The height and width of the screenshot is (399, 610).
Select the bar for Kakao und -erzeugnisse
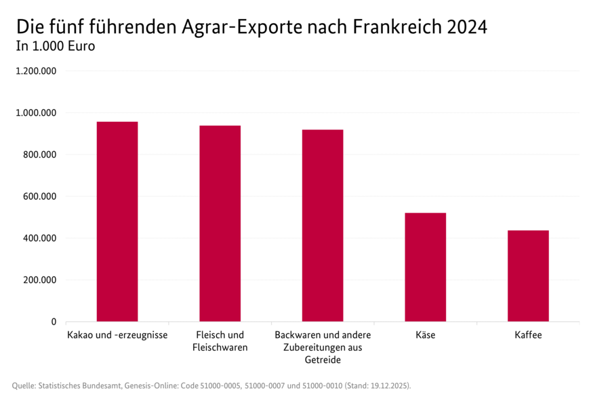click(117, 222)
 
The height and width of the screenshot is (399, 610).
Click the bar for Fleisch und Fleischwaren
click(220, 224)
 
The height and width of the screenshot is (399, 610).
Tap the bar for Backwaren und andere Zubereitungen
click(323, 226)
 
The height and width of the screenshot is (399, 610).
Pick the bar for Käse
click(426, 267)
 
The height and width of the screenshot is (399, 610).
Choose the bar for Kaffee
click(528, 276)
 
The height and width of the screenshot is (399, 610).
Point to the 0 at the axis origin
click(54, 322)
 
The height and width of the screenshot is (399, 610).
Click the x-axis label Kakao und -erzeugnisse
click(117, 335)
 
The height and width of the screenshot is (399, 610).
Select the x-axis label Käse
click(426, 335)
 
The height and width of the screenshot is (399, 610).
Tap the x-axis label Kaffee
click(528, 335)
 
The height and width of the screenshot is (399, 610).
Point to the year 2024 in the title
click(466, 27)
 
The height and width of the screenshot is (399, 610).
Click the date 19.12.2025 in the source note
click(388, 385)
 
